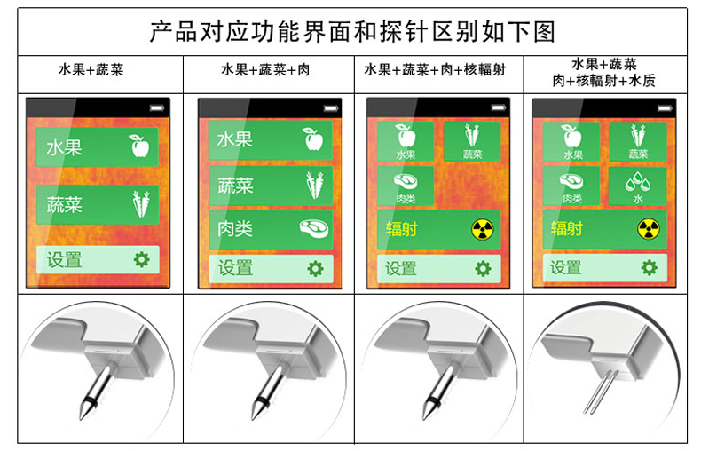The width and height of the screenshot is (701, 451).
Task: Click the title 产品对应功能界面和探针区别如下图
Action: (x=352, y=32)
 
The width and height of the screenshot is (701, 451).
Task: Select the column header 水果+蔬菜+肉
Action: (x=265, y=70)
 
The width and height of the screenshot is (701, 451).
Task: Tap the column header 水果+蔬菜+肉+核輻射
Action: (x=435, y=70)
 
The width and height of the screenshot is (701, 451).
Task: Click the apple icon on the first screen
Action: (x=139, y=146)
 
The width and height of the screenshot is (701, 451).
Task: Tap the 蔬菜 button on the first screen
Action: (x=98, y=204)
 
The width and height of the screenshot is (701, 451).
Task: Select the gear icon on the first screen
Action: (x=142, y=259)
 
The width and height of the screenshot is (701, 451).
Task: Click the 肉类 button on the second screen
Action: (x=271, y=229)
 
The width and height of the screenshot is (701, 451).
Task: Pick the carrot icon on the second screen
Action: (x=315, y=186)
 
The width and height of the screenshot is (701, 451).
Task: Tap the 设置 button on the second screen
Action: (x=271, y=268)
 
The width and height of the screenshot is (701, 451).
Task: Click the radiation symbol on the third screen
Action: (x=482, y=230)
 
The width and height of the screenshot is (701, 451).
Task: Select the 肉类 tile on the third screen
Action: (x=406, y=186)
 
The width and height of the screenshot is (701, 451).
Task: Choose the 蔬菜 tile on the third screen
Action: (x=472, y=141)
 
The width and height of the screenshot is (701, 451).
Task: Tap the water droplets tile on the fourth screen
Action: (x=637, y=186)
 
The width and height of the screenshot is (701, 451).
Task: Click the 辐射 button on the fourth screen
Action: (x=604, y=229)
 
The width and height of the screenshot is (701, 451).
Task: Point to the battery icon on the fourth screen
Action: (x=665, y=108)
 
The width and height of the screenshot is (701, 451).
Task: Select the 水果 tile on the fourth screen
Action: (x=571, y=141)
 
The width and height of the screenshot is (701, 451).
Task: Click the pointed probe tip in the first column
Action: (x=81, y=418)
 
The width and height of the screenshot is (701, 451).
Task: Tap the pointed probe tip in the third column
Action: (x=424, y=418)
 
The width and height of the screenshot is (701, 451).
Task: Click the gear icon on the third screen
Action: (x=483, y=268)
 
